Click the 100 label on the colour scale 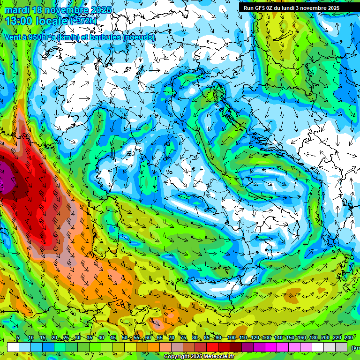231,338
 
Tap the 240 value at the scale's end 349,338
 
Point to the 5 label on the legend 18,338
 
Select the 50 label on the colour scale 125,338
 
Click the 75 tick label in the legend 184,338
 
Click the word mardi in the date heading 15,10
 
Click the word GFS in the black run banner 260,8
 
